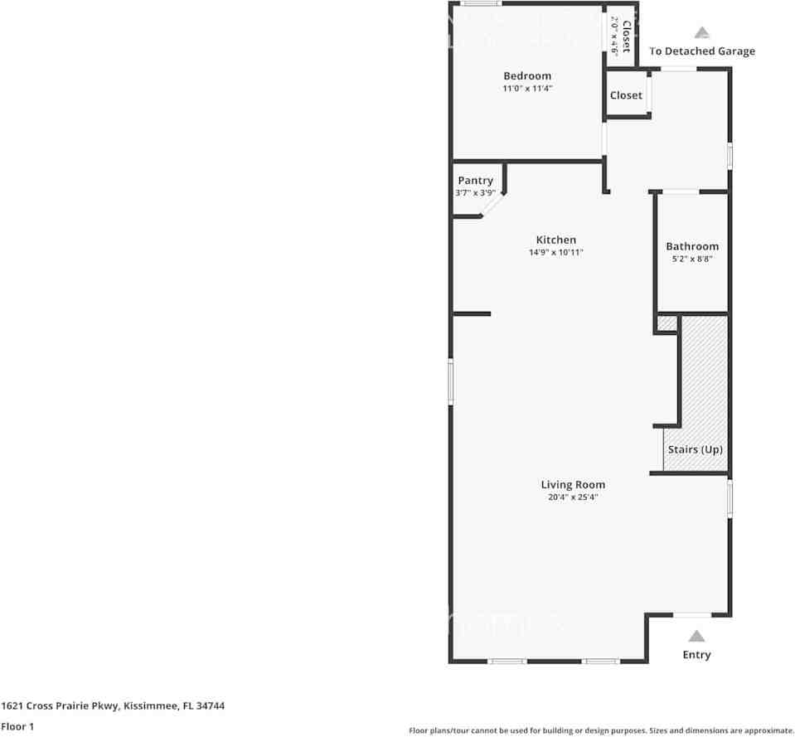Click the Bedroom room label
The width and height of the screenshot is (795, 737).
tap(526, 76)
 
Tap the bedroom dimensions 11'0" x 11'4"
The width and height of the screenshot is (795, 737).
tap(526, 89)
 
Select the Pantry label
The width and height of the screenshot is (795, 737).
tap(475, 181)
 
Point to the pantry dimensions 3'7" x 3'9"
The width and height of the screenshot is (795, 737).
tap(475, 193)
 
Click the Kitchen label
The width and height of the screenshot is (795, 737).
tap(555, 240)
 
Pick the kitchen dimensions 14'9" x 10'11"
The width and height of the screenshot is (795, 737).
tap(555, 253)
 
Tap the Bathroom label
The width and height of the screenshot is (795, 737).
tap(692, 246)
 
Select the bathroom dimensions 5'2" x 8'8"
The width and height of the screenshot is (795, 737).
tap(692, 259)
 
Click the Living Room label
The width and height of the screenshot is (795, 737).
tap(573, 485)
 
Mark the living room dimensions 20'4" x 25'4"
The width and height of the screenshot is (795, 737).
tap(573, 497)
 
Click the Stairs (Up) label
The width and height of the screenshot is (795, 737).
tap(696, 449)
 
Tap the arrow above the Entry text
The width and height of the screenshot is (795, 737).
tap(696, 636)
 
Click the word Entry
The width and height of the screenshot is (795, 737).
tap(696, 655)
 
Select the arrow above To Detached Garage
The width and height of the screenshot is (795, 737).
tap(702, 33)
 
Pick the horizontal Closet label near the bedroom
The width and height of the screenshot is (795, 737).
tap(626, 95)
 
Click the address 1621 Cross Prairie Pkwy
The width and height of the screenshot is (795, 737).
tap(113, 706)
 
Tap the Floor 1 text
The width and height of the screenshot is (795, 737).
tap(17, 726)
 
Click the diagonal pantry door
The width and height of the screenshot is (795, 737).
tap(494, 204)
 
